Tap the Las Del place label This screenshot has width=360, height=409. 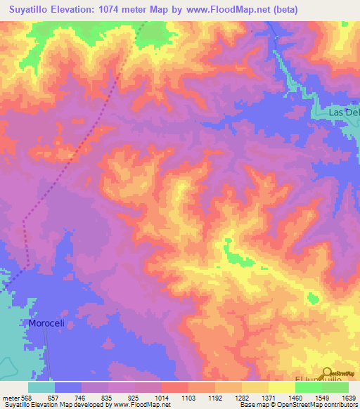(x=344, y=113)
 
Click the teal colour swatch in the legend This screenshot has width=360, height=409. (x=41, y=387)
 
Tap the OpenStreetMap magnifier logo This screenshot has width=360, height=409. (x=328, y=373)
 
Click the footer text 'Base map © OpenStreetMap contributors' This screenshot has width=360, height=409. (x=298, y=405)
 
